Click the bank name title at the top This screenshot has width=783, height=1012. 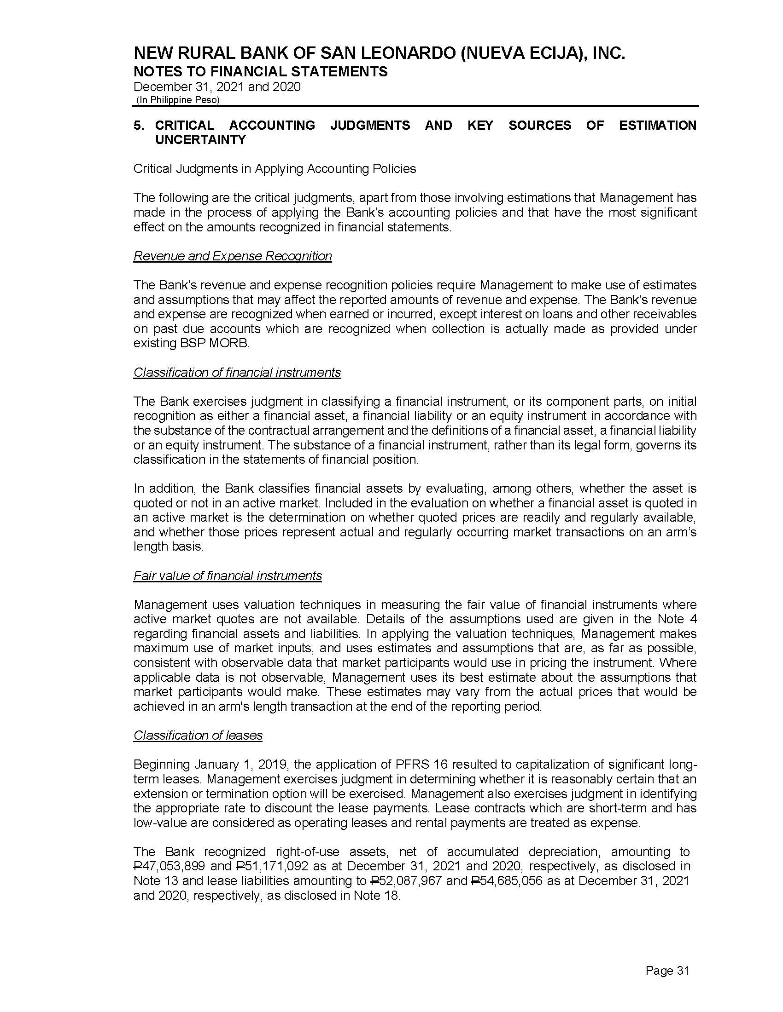pos(380,54)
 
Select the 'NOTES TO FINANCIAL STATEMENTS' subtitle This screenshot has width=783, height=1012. pos(260,71)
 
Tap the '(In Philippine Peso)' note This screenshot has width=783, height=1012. pos(178,100)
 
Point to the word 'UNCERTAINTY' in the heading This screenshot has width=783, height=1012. pos(200,140)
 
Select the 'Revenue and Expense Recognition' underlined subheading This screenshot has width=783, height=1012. pos(233,256)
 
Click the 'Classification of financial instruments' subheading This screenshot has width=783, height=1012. pos(237,373)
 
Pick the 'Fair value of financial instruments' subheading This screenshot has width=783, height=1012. pos(227,576)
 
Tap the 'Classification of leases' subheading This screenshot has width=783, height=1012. pos(198,736)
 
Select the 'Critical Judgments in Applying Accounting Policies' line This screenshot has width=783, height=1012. pos(275,169)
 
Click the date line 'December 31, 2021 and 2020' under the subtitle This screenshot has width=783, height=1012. pos(216,86)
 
